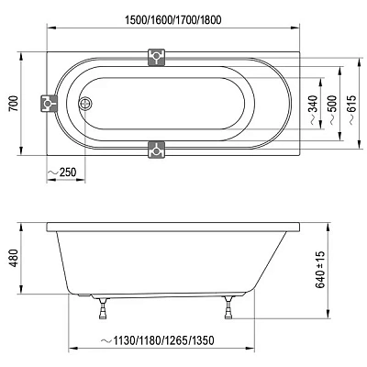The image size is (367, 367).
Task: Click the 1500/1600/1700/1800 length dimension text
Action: tap(173, 20)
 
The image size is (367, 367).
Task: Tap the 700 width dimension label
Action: tap(14, 104)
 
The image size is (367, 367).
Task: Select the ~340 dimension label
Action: tap(313, 110)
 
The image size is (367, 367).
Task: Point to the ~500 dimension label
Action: tap(332, 110)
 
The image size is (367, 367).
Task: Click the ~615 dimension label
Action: tap(351, 110)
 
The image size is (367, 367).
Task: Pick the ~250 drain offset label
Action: tap(61, 172)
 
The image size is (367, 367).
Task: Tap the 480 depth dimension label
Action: tap(14, 258)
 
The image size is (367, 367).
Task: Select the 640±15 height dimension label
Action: tap(320, 270)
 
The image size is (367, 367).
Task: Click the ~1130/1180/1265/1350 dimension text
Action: tap(157, 340)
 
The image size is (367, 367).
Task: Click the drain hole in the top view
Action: tap(85, 104)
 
